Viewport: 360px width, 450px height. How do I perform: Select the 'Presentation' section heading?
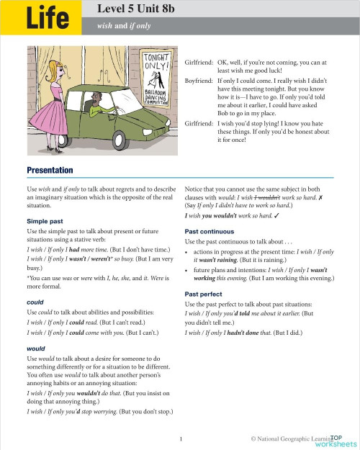point(50,170)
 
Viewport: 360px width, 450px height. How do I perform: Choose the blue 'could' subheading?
point(35,302)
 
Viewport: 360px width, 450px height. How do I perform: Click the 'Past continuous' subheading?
point(210,231)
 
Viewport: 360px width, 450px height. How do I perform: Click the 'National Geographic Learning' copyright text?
point(295,438)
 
